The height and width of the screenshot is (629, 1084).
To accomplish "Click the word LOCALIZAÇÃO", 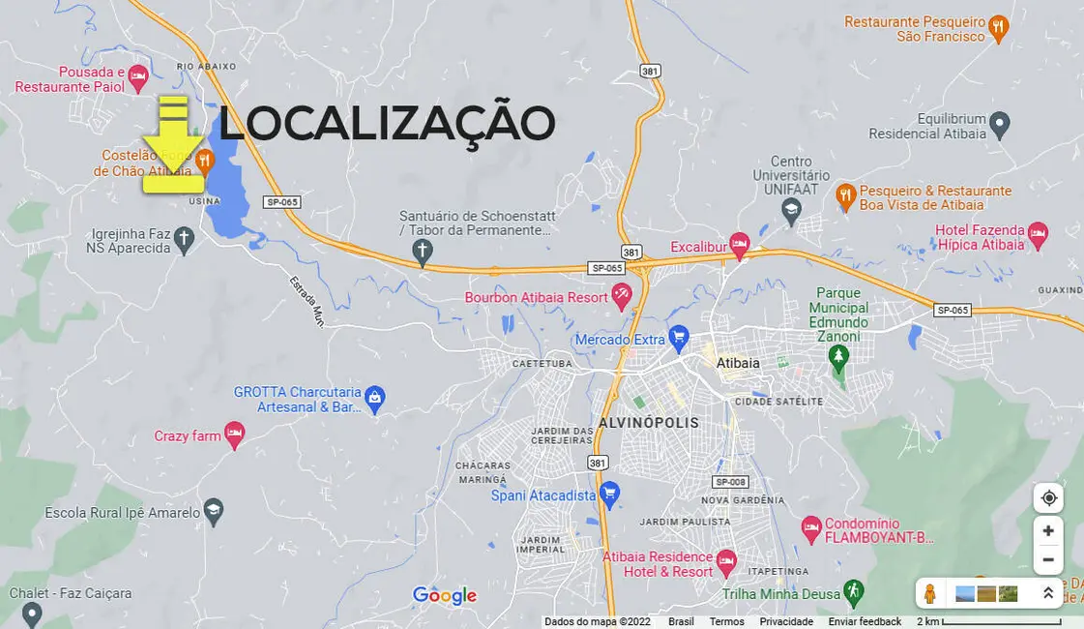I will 387,124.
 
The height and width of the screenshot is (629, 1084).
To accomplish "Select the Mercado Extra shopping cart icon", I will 679,338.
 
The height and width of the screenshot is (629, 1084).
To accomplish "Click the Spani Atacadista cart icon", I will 609,494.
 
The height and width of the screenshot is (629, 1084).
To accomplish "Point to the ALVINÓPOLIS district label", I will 648,423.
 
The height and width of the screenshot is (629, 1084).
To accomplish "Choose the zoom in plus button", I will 1048,531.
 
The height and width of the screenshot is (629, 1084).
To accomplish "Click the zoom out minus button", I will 1048,559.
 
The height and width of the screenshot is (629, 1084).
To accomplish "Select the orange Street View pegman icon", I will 930,593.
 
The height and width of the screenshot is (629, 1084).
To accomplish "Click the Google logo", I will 445,596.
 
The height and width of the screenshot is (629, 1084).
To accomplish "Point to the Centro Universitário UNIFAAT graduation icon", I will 792,210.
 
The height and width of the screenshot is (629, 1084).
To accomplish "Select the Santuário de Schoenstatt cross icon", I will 422,252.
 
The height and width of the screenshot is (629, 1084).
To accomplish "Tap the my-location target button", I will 1048,498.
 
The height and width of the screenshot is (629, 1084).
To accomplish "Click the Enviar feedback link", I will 864,621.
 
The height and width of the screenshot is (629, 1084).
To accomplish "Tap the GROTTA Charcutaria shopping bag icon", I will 375,397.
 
